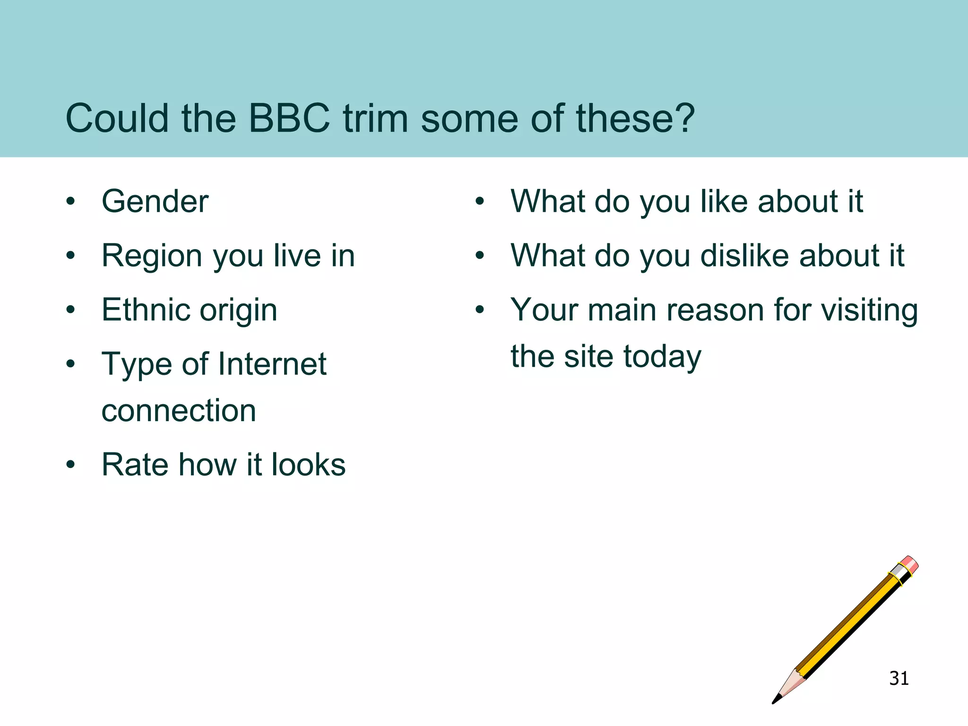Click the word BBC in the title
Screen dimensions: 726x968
289,118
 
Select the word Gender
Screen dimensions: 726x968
155,201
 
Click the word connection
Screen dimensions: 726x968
179,410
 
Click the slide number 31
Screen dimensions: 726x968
899,678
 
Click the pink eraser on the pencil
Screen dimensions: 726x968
909,564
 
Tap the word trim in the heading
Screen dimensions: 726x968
375,118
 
